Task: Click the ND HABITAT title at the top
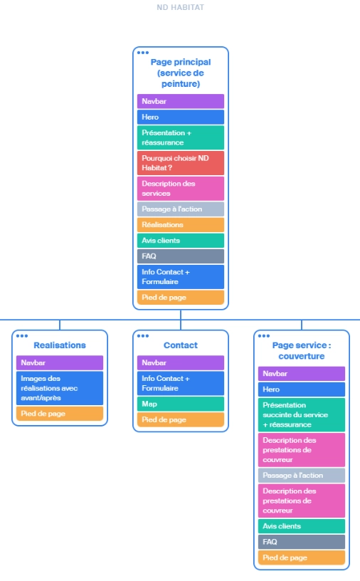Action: (180, 7)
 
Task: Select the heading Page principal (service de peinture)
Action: (180, 73)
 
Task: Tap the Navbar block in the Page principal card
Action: (180, 101)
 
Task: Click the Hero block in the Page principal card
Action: (180, 117)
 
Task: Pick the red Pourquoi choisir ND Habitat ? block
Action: (180, 162)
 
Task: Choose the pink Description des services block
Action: (180, 188)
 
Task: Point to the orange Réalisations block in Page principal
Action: (180, 224)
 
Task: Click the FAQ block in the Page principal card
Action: (180, 256)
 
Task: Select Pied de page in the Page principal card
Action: (180, 297)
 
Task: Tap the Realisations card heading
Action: (60, 345)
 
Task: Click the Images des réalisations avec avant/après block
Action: (60, 388)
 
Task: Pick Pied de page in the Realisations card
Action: (60, 413)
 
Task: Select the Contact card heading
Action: (181, 345)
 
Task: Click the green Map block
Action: (181, 404)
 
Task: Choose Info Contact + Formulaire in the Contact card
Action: (181, 383)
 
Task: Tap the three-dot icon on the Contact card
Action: (143, 336)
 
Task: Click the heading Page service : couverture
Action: (302, 350)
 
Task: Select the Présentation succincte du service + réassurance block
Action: (302, 414)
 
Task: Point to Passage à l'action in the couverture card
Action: (302, 475)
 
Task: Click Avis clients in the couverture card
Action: (302, 526)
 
